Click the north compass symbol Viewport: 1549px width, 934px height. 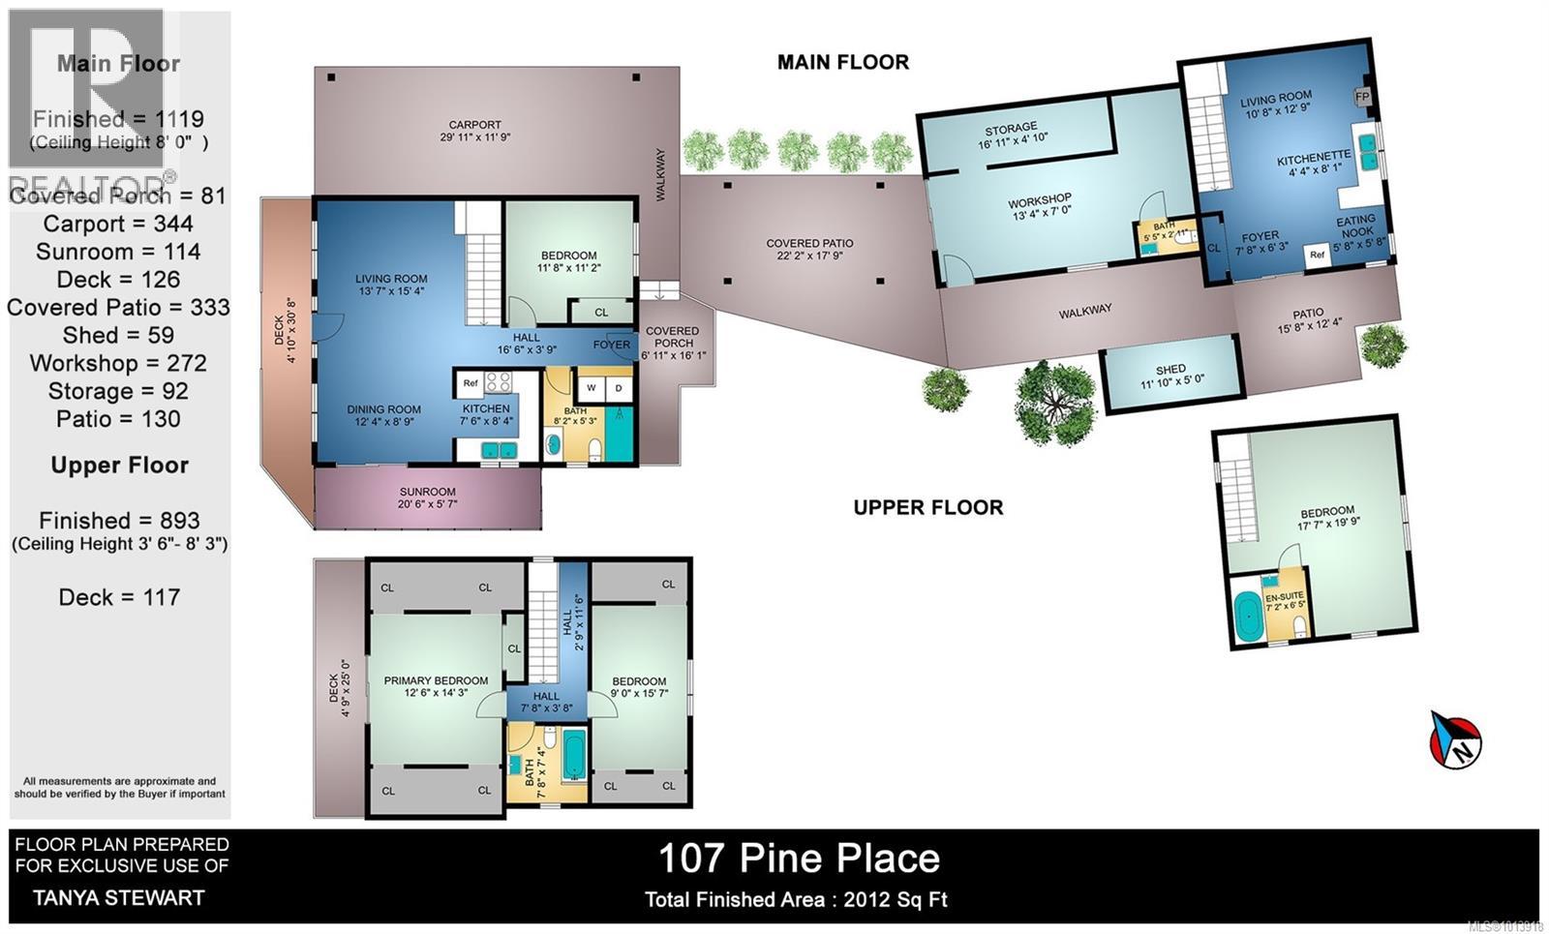[x=1456, y=739]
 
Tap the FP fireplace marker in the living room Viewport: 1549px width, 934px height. [x=1362, y=97]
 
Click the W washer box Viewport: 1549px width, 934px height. [x=591, y=388]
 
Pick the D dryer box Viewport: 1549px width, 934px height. [x=619, y=388]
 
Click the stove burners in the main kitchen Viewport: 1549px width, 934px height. [x=498, y=382]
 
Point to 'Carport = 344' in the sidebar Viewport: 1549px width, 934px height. [x=118, y=224]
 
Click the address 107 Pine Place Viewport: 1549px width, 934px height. [x=799, y=859]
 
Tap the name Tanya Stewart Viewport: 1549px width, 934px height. [x=119, y=897]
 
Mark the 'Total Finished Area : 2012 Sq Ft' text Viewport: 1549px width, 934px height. [x=796, y=900]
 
